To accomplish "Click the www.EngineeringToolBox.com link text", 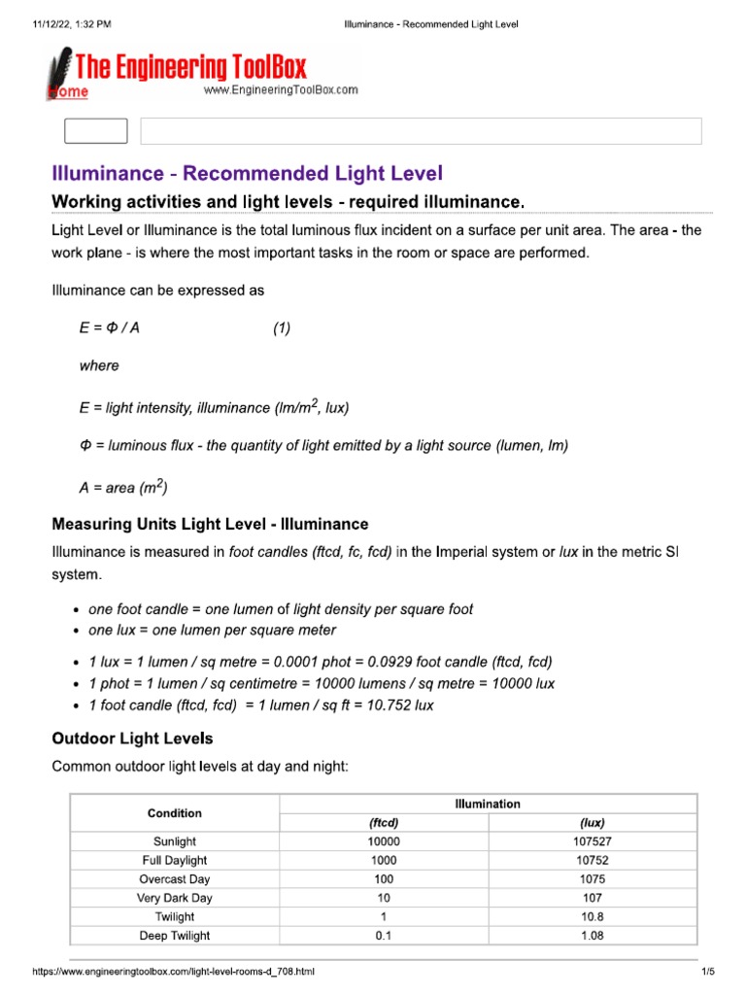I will pyautogui.click(x=281, y=90).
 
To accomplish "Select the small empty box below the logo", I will pyautogui.click(x=95, y=131).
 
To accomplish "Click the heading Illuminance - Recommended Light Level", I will pyautogui.click(x=247, y=174).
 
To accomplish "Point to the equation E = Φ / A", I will pyautogui.click(x=110, y=328).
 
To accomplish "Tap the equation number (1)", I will pyautogui.click(x=282, y=328).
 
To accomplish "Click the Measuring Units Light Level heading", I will pyautogui.click(x=210, y=525).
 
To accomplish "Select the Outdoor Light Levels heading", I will pyautogui.click(x=132, y=738).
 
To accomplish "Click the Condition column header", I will pyautogui.click(x=175, y=812).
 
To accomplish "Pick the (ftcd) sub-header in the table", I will pyautogui.click(x=385, y=822).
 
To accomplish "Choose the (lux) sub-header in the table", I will pyautogui.click(x=593, y=822).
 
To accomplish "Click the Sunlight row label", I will pyautogui.click(x=175, y=841).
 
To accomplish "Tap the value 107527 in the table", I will pyautogui.click(x=593, y=841).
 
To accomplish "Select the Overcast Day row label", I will pyautogui.click(x=175, y=879).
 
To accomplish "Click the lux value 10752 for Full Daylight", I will pyautogui.click(x=593, y=860).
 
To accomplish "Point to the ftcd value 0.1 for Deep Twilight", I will pyautogui.click(x=385, y=936).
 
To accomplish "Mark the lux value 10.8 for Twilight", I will pyautogui.click(x=593, y=916).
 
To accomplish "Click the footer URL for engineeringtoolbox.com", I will pyautogui.click(x=174, y=972).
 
